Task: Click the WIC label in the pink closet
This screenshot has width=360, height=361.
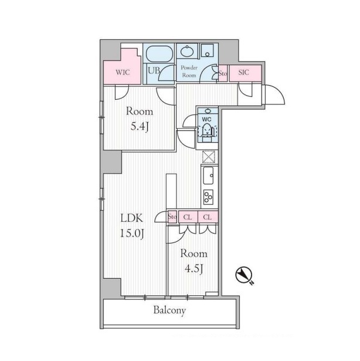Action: click(x=123, y=72)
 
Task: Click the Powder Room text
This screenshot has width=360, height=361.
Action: click(x=189, y=72)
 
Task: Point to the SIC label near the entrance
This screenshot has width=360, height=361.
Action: click(x=243, y=72)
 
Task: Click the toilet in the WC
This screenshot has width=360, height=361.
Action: click(x=206, y=131)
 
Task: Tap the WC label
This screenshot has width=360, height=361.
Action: click(x=206, y=120)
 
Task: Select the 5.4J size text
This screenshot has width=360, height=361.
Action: click(x=139, y=126)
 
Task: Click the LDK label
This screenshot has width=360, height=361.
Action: click(x=132, y=218)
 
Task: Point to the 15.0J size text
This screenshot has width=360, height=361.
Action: click(x=132, y=234)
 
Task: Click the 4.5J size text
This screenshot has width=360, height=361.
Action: click(x=194, y=268)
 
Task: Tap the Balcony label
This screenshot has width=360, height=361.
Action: click(x=169, y=311)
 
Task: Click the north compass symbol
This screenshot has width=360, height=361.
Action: click(x=244, y=275)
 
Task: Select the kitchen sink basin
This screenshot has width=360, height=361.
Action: click(x=208, y=176)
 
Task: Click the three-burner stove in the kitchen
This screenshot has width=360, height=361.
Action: click(x=208, y=197)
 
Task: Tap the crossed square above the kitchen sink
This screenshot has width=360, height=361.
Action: click(x=209, y=157)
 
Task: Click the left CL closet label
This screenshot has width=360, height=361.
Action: click(x=188, y=217)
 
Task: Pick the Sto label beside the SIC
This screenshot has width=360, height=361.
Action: click(x=222, y=73)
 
